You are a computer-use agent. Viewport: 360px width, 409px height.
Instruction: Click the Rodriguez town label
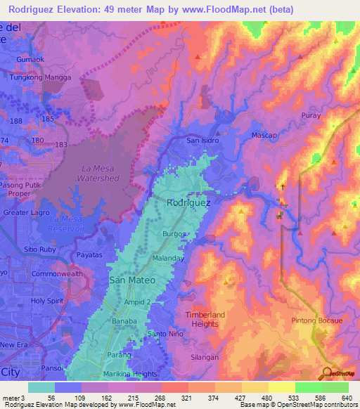click(x=188, y=202)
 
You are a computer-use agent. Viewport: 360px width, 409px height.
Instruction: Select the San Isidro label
click(x=202, y=141)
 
